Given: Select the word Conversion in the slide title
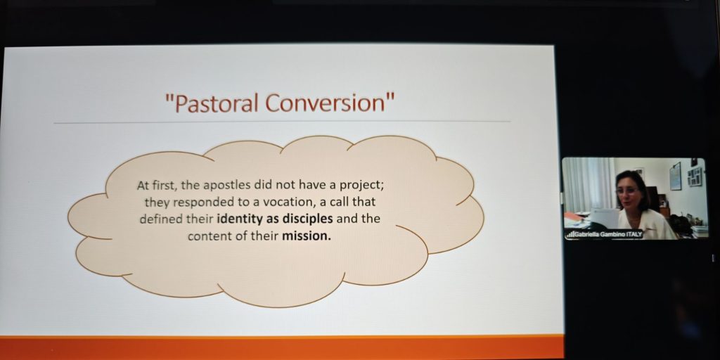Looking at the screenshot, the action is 323,103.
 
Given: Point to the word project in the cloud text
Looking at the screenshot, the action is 359,186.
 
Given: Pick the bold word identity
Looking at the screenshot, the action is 240,219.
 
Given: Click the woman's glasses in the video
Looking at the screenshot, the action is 628,190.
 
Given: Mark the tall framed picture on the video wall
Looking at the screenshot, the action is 675,176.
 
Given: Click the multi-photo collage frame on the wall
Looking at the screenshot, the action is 695,176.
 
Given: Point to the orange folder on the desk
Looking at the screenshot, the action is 574,217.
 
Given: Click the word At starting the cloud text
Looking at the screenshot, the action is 143,186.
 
